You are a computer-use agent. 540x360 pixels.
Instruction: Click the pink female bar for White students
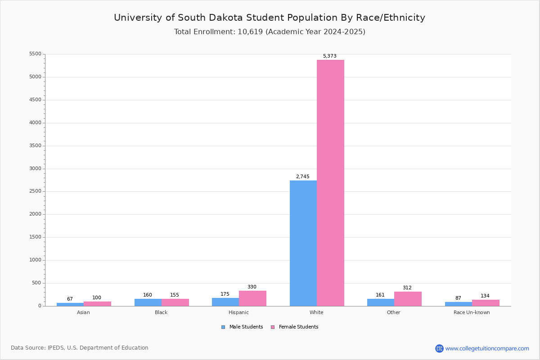pos(330,183)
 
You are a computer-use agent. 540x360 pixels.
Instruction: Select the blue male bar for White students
pos(303,243)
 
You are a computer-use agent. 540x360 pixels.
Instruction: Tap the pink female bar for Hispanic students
pos(252,298)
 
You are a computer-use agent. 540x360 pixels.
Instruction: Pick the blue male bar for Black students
pos(148,302)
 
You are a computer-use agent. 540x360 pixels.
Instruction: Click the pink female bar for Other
pos(408,299)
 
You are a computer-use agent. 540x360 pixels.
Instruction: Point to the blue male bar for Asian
pos(70,305)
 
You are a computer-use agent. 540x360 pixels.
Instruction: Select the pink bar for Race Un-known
pos(486,303)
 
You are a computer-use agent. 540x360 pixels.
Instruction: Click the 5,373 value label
pos(329,56)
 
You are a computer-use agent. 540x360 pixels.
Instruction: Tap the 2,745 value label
pos(302,176)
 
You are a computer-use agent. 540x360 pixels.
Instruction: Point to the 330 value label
pos(252,287)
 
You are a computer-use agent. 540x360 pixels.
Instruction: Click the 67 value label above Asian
pos(70,299)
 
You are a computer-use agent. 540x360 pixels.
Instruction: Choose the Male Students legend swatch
pos(223,327)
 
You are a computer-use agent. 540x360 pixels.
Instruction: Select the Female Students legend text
pos(298,327)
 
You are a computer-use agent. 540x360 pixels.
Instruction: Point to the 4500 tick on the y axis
pos(36,100)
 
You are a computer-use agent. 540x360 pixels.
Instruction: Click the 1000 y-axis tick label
pos(36,260)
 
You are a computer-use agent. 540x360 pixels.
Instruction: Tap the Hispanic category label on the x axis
pos(238,312)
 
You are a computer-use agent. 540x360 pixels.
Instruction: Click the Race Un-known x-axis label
pos(472,312)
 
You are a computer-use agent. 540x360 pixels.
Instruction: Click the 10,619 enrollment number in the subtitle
pos(250,32)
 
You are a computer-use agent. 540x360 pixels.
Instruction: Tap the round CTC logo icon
pos(439,348)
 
